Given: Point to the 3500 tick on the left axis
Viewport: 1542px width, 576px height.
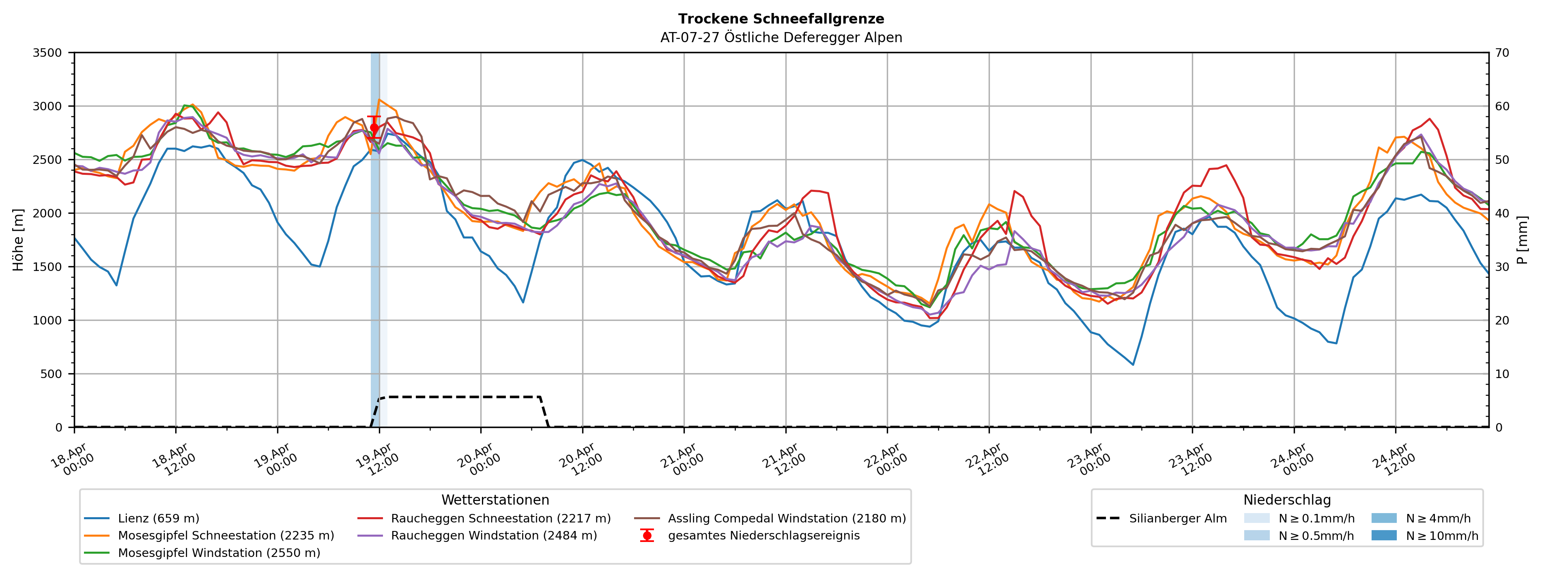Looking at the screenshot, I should click(47, 53).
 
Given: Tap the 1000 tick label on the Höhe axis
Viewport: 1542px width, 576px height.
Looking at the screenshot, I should click(47, 320).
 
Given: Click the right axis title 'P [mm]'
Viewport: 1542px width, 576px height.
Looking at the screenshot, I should click(1523, 239).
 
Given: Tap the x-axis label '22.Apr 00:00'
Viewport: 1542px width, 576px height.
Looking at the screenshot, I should click(883, 460).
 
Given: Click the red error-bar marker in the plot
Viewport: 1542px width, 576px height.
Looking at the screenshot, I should click(374, 127).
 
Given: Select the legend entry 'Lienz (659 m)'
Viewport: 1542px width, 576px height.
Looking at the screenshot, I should click(158, 518).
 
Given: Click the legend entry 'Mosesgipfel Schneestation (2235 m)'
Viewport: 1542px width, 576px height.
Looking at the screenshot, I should click(226, 536).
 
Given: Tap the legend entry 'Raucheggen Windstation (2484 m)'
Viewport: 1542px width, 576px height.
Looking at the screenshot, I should click(493, 536).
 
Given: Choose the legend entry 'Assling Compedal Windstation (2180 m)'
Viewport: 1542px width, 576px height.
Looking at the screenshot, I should click(787, 518).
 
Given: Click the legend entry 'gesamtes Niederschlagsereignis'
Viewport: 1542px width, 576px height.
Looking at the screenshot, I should click(763, 536).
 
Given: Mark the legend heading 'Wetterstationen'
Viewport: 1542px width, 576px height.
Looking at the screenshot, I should click(495, 500).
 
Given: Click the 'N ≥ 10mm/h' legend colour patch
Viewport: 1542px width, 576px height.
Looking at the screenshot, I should click(1384, 536).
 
